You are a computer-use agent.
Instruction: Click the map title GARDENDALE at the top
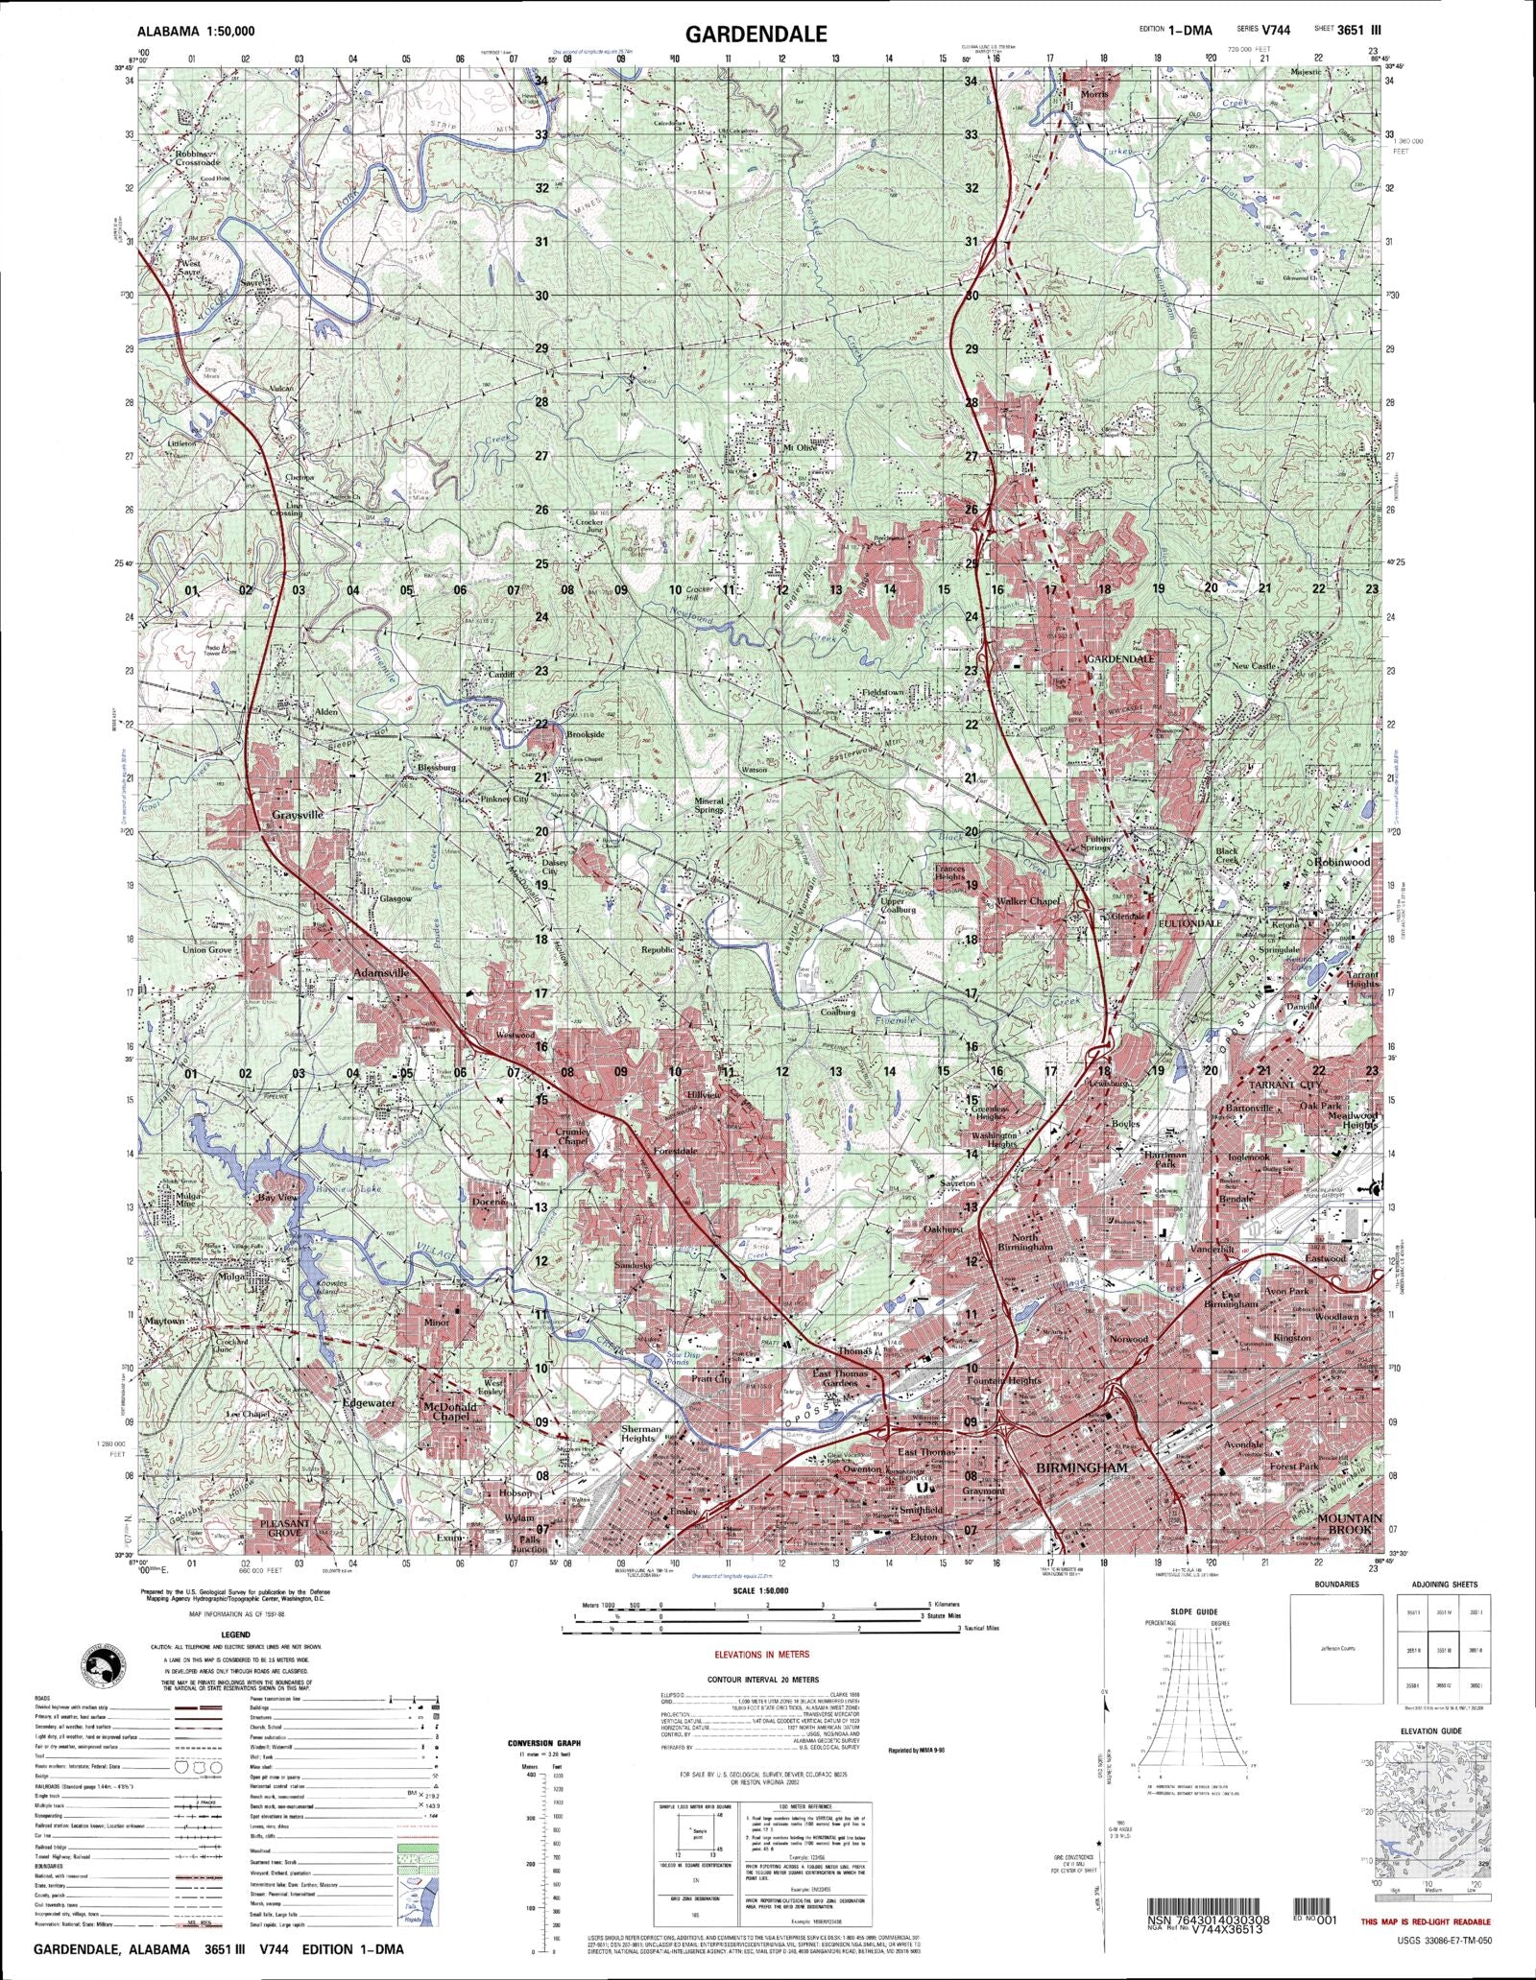756,35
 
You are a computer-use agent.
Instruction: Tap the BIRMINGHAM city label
1081,1468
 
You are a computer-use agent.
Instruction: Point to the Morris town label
1094,94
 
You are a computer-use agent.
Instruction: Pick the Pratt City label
711,1379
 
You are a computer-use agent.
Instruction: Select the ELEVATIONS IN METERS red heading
763,1654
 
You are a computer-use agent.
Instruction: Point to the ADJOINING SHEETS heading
1445,1584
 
